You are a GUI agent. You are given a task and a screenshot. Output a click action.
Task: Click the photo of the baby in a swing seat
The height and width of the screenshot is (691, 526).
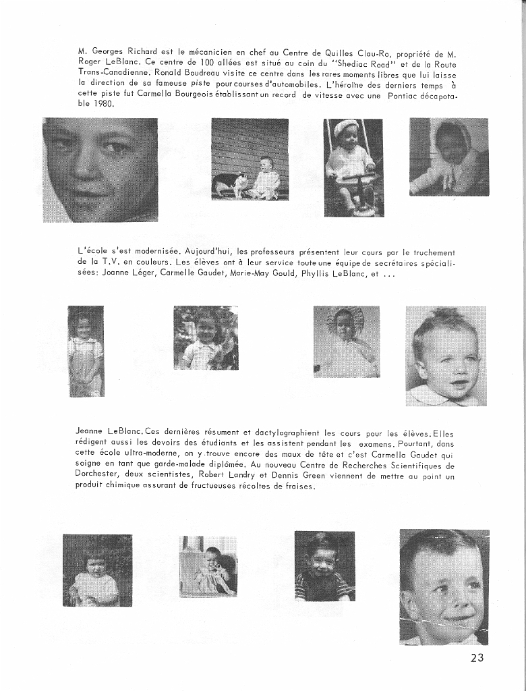click(353, 168)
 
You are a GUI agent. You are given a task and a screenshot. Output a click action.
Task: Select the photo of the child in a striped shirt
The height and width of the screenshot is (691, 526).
click(324, 566)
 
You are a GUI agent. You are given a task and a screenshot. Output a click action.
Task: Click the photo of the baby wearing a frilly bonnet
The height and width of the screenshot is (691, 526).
click(346, 341)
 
